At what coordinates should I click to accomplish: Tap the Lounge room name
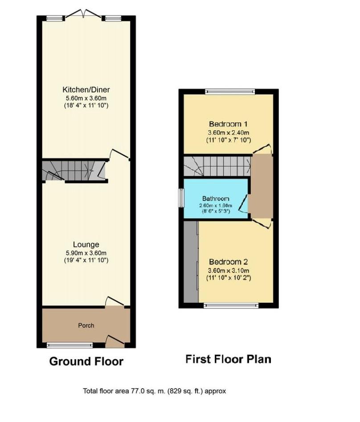click(86, 244)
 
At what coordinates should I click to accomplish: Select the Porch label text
click(86, 325)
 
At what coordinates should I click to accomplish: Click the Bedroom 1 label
click(229, 124)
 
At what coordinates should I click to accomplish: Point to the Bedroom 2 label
click(229, 262)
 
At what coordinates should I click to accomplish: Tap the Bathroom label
click(216, 199)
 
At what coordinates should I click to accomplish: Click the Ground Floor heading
click(86, 361)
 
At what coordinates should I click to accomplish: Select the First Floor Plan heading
click(228, 359)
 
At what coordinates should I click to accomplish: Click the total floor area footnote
click(155, 391)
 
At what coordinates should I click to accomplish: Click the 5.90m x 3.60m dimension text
click(86, 252)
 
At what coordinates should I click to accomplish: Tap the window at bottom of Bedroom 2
click(230, 305)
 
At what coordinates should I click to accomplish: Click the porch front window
click(70, 345)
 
